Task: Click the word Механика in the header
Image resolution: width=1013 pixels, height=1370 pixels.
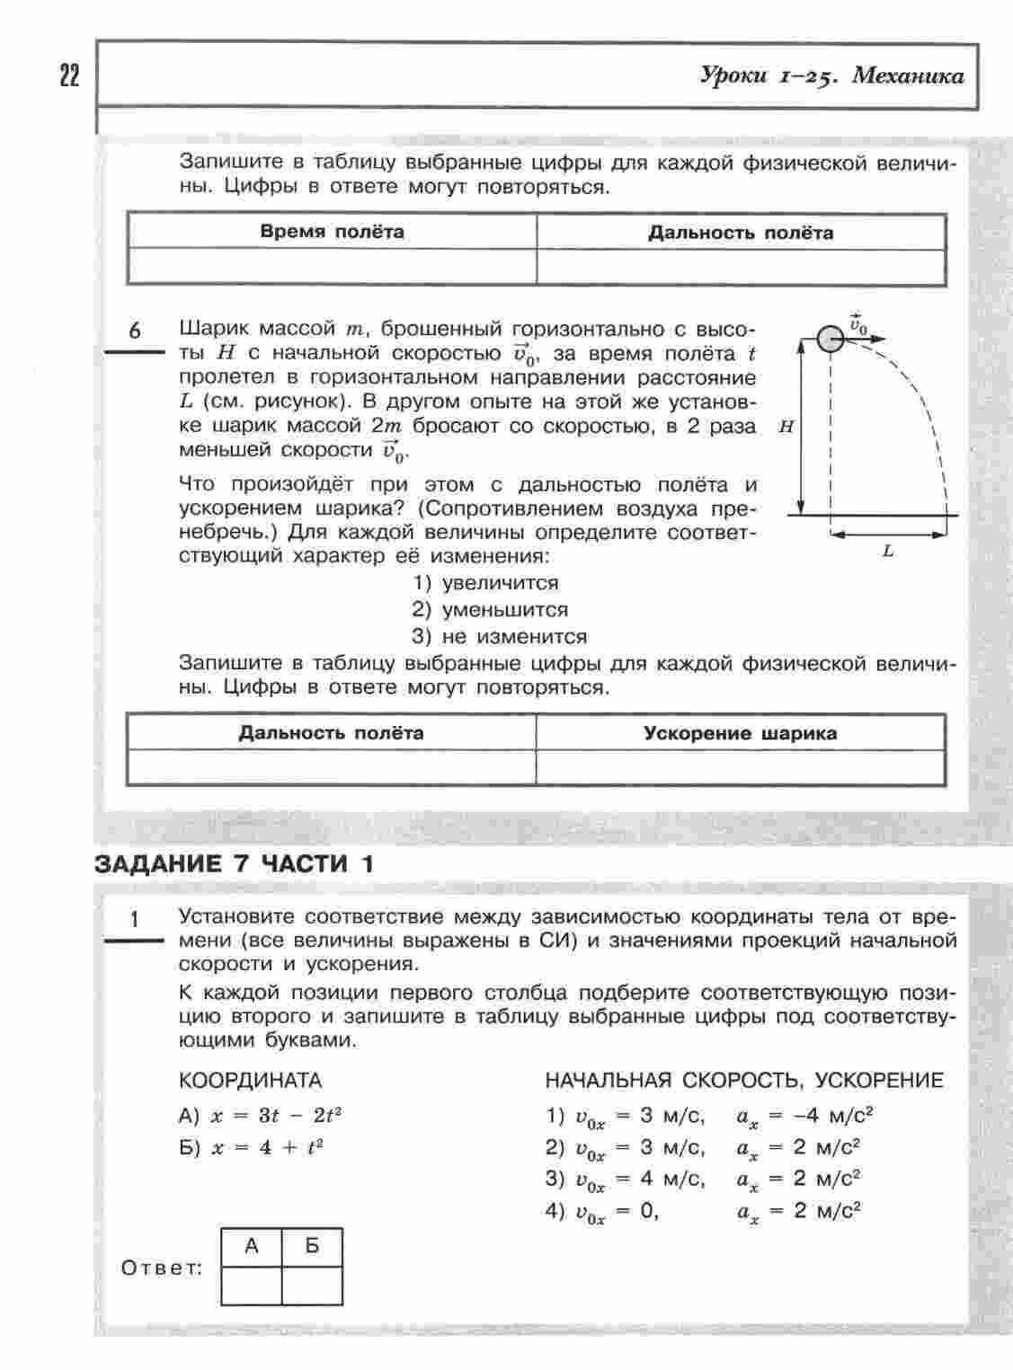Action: (x=907, y=75)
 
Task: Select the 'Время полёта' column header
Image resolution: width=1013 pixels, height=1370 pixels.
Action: (x=332, y=232)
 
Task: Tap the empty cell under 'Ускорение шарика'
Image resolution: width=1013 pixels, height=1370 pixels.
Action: (x=740, y=768)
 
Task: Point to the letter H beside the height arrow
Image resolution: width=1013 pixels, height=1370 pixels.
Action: (x=786, y=428)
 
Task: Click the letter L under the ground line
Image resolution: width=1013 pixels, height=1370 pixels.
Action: (x=888, y=552)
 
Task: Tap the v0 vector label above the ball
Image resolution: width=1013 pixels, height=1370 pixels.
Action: (x=857, y=323)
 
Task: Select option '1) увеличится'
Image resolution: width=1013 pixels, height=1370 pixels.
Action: (x=485, y=583)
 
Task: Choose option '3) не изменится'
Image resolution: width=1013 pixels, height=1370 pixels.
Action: (x=500, y=637)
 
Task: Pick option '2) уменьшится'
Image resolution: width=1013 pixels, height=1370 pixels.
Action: (x=490, y=610)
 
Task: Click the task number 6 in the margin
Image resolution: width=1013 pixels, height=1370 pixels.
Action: (x=135, y=331)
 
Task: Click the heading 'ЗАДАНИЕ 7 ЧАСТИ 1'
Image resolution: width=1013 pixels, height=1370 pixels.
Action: (x=234, y=864)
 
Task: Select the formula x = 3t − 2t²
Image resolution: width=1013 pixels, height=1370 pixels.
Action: (x=276, y=1117)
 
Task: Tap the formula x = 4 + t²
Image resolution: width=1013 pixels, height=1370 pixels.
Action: (x=266, y=1148)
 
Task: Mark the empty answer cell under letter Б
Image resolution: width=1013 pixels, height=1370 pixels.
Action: (x=312, y=1285)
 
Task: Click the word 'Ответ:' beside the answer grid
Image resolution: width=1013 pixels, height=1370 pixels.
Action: (x=162, y=1268)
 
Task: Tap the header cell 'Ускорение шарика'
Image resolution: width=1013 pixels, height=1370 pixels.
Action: (x=740, y=733)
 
